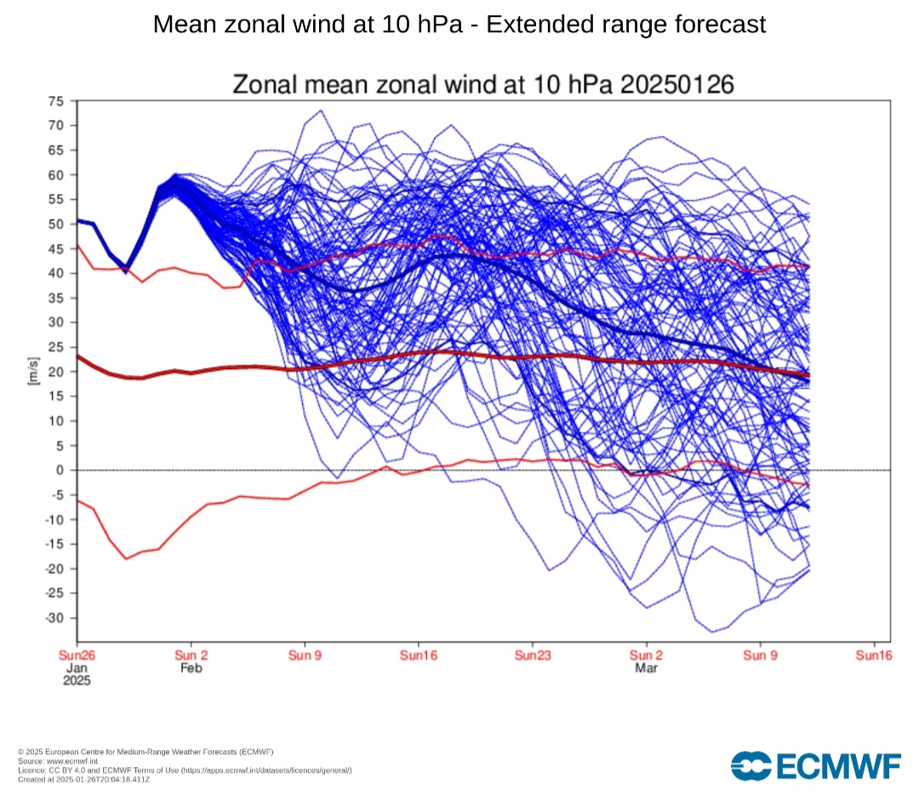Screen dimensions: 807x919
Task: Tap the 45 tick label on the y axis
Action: pyautogui.click(x=57, y=248)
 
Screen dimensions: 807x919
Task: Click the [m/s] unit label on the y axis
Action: pyautogui.click(x=32, y=372)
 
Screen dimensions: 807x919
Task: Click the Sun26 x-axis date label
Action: pyautogui.click(x=77, y=656)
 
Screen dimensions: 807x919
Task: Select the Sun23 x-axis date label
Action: pyautogui.click(x=533, y=656)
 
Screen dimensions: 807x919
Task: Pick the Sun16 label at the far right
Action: pyautogui.click(x=874, y=656)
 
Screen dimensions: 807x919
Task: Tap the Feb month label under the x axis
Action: pyautogui.click(x=191, y=668)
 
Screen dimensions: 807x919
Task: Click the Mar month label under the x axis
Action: pyautogui.click(x=646, y=668)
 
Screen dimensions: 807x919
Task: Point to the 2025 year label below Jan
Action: pyautogui.click(x=77, y=681)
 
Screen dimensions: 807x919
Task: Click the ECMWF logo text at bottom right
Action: pyautogui.click(x=837, y=766)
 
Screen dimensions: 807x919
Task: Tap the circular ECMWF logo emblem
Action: pyautogui.click(x=750, y=766)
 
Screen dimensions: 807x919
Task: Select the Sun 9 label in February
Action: pyautogui.click(x=305, y=656)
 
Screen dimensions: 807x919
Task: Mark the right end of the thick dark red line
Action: pyautogui.click(x=808, y=375)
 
